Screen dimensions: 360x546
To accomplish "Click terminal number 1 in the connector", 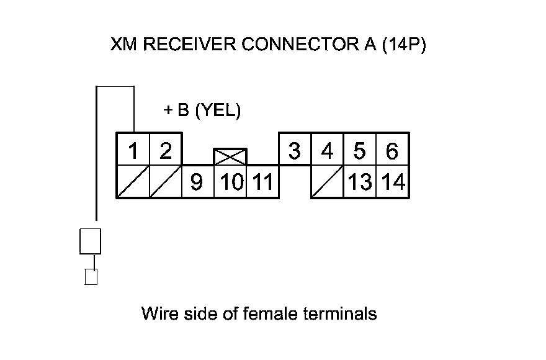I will point(133,150).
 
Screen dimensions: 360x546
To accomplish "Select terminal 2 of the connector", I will point(165,150).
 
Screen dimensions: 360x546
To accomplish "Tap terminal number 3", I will point(295,150).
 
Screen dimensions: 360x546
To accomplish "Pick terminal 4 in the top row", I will point(327,150).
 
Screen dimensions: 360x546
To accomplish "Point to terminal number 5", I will point(360,150).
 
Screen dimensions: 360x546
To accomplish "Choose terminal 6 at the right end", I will point(392,150).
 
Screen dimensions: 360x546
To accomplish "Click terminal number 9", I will point(197,182).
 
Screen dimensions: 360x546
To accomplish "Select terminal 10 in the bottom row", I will point(230,182).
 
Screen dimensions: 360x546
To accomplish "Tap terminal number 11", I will point(263,182).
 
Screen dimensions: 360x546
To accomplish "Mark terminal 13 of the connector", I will point(360,182).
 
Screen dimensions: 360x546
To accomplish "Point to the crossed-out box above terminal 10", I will point(230,156).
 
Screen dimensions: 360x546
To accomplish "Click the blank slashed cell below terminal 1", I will point(133,182).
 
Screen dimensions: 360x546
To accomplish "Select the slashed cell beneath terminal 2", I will point(165,182).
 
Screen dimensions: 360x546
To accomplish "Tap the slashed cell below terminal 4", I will point(327,182).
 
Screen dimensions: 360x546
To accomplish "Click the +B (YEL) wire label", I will point(201,111).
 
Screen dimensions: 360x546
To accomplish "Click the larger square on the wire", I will point(90,241).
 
